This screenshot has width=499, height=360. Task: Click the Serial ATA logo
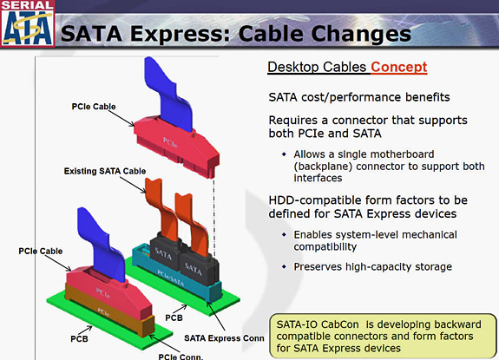[x=25, y=25]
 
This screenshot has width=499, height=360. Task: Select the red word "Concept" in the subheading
[x=398, y=67]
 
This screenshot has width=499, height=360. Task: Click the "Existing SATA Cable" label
[x=104, y=172]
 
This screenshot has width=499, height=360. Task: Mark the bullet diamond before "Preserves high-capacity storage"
[x=286, y=266]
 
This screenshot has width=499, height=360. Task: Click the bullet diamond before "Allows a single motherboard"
[x=286, y=154]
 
